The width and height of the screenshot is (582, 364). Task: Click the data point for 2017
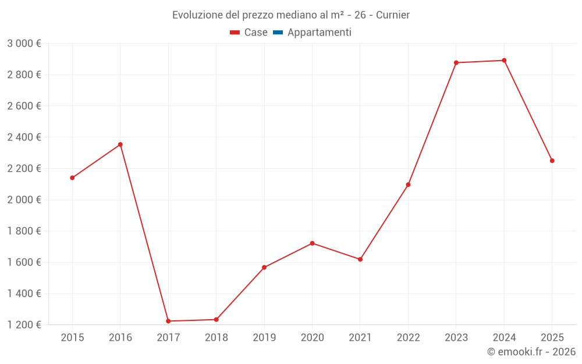pyautogui.click(x=168, y=321)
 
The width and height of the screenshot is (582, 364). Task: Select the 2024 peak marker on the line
pyautogui.click(x=504, y=61)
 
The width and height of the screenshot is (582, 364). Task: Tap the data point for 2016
pyautogui.click(x=120, y=144)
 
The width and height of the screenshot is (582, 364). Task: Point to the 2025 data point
pyautogui.click(x=552, y=161)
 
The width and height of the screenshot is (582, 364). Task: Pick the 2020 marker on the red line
pyautogui.click(x=312, y=243)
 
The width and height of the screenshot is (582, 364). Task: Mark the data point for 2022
pyautogui.click(x=408, y=185)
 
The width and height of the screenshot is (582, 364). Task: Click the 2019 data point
pyautogui.click(x=264, y=267)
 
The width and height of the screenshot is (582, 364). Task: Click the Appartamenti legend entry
pyautogui.click(x=319, y=33)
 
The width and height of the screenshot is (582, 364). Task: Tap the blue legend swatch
pyautogui.click(x=278, y=33)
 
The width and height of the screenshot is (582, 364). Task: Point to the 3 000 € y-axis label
pyautogui.click(x=24, y=44)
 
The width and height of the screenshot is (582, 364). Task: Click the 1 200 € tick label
pyautogui.click(x=24, y=325)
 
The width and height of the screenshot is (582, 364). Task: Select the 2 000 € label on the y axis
pyautogui.click(x=24, y=200)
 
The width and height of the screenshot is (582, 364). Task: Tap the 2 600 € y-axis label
pyautogui.click(x=24, y=106)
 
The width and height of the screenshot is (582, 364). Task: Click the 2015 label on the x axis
pyautogui.click(x=72, y=337)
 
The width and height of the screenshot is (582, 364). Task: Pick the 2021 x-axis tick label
pyautogui.click(x=360, y=337)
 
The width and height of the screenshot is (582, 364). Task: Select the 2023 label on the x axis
pyautogui.click(x=456, y=337)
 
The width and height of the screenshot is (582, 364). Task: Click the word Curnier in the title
pyautogui.click(x=393, y=15)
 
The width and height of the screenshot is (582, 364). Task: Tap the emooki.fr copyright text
pyautogui.click(x=531, y=352)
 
